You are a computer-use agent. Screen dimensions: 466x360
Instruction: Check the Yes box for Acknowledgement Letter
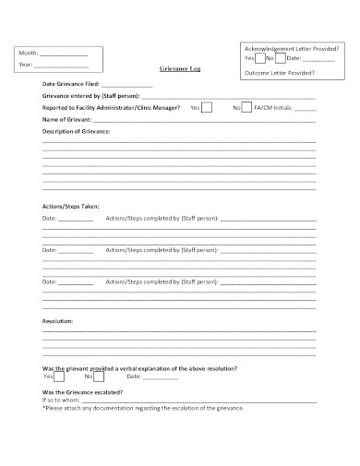259,58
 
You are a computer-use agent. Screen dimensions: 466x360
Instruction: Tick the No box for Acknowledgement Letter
281,58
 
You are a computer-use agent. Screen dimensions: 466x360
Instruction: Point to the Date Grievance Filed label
71,85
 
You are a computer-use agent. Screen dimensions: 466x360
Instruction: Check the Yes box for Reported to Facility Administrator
207,108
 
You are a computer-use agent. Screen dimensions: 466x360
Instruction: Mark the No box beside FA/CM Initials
246,108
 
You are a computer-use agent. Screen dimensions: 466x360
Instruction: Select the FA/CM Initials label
274,108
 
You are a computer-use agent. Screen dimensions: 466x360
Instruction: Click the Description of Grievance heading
76,132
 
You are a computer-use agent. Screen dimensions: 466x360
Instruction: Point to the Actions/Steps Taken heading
71,206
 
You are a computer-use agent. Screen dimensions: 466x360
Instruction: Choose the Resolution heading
58,320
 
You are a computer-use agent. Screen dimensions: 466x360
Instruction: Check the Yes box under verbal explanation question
59,376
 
